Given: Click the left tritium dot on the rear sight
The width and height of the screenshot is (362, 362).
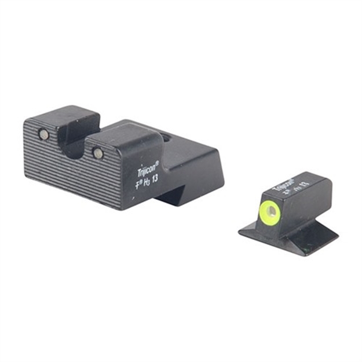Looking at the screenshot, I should pos(43,134).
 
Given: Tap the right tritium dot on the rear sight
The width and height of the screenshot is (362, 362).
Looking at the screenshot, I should pos(98,153).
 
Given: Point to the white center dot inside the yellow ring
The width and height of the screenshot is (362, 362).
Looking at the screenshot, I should pos(270,211).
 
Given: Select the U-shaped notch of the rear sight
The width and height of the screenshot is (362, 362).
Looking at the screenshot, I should pos(74,148).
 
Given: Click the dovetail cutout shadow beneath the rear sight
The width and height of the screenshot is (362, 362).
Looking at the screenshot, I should pos(174,197).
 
